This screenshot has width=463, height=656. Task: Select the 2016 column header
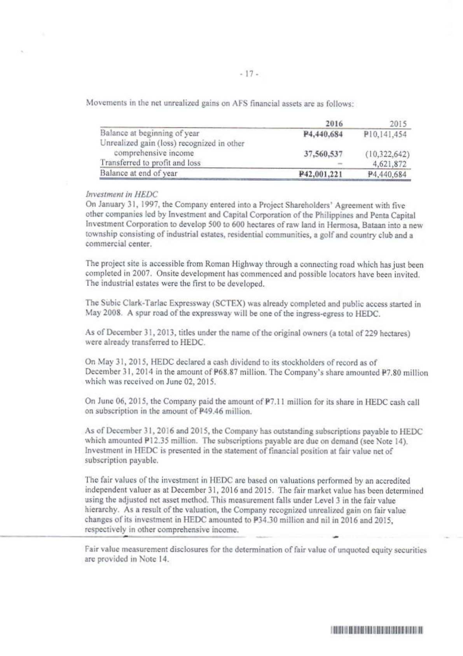point(334,124)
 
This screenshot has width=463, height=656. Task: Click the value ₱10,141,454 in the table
point(385,135)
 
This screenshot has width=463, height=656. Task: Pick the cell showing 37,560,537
point(323,154)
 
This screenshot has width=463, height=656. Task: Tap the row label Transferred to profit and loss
point(150,163)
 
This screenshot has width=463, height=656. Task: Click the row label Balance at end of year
point(139,173)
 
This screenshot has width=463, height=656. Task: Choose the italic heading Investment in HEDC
point(121,194)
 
